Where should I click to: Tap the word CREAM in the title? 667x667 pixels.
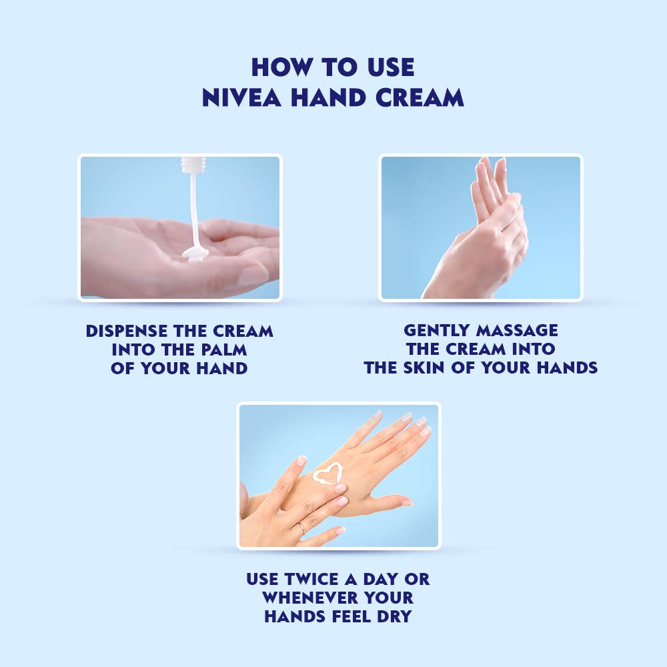pos(418,97)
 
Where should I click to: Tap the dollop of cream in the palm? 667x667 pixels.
pos(195,253)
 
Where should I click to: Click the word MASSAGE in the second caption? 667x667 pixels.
pos(518,330)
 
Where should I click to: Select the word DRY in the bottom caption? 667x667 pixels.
pos(391,616)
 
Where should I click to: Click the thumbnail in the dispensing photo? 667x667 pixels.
pos(253,275)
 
